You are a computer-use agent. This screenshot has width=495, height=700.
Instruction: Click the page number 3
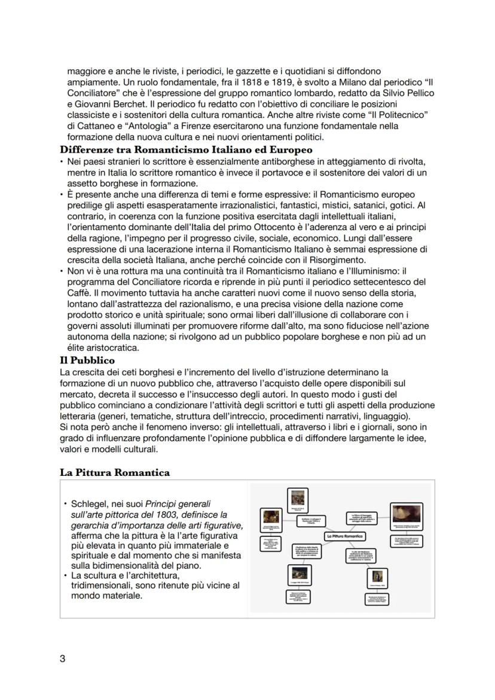[62, 659]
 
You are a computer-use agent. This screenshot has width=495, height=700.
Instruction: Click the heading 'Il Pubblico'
[87, 360]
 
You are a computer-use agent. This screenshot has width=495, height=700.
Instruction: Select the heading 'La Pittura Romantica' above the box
[114, 472]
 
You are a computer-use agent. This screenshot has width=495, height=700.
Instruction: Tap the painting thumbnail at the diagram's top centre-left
[295, 498]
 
